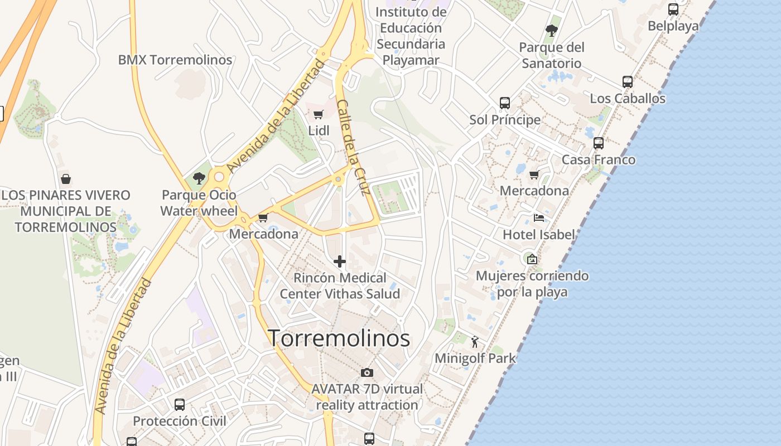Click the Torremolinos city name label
[x=339, y=338]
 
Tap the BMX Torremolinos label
[x=175, y=60]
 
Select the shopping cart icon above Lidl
[x=318, y=114]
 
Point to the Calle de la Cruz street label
[x=354, y=148]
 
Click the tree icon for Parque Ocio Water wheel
[x=199, y=178]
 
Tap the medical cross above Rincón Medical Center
[x=339, y=261]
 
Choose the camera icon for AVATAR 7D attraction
[x=367, y=372]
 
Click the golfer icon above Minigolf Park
[x=475, y=341]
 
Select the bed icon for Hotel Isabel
[x=538, y=217]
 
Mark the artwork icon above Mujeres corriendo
[x=532, y=259]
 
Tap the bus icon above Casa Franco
[x=599, y=143]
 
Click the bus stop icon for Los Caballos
[x=628, y=82]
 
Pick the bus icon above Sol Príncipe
[x=505, y=103]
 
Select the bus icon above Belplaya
[x=673, y=9]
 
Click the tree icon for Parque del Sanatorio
[x=552, y=30]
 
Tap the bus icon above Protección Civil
[x=180, y=404]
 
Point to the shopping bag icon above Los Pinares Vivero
[x=66, y=179]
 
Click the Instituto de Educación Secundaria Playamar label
[x=411, y=36]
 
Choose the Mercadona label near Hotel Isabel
[x=534, y=191]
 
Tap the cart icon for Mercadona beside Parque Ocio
[x=263, y=217]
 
